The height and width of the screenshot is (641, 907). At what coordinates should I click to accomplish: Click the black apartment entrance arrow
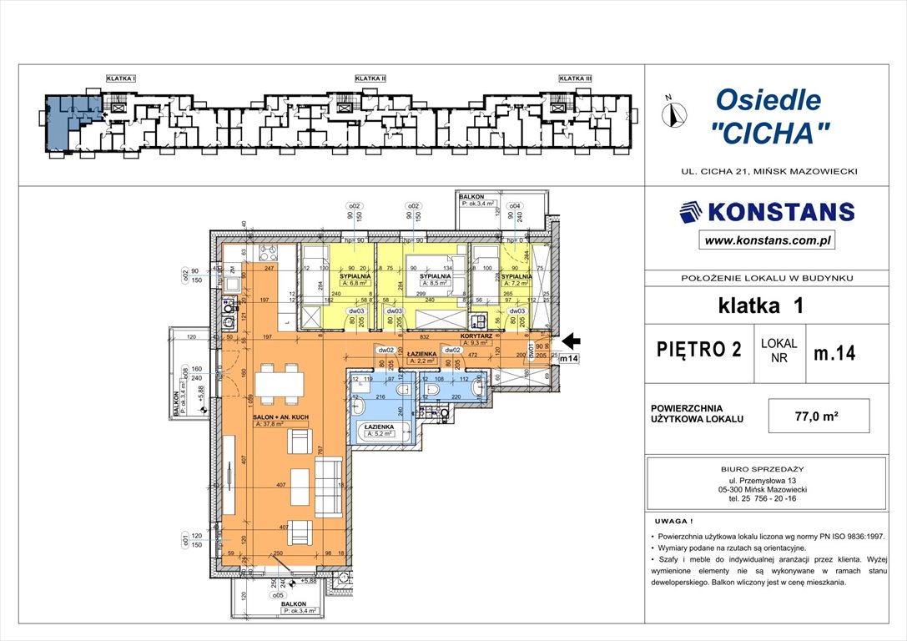click(x=571, y=341)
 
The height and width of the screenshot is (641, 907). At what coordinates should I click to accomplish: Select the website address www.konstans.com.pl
click(x=767, y=240)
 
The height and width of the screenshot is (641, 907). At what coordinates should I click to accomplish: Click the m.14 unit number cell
click(x=834, y=352)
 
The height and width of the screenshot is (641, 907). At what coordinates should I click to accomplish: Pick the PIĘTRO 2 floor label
click(x=699, y=350)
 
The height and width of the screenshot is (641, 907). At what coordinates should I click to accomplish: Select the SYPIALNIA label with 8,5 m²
click(x=435, y=276)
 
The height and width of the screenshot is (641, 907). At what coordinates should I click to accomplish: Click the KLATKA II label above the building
click(x=370, y=78)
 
